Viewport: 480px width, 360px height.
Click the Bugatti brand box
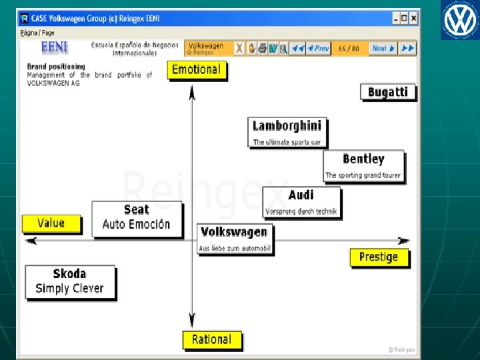pos(387,92)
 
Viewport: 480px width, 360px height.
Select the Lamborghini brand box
pos(287,132)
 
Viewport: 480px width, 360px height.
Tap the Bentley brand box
pos(363,165)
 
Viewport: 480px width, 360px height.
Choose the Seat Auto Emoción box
pos(136,217)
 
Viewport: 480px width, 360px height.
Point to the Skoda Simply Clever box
pos(69,281)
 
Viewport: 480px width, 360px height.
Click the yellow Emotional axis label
pos(196,69)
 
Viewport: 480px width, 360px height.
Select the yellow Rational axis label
pos(211,339)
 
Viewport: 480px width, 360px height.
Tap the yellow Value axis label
pos(51,223)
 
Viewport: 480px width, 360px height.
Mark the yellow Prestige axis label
pos(379,257)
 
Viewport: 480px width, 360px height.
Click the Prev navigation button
pos(318,48)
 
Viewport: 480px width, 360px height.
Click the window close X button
pos(415,19)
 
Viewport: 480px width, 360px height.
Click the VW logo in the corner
pos(459,20)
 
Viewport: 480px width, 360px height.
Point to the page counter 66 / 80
pos(349,48)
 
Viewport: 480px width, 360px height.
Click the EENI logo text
pos(54,47)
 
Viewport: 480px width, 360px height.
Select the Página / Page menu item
pos(37,33)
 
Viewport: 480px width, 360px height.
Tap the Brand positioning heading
pos(56,66)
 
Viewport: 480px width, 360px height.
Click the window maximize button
pos(405,19)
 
